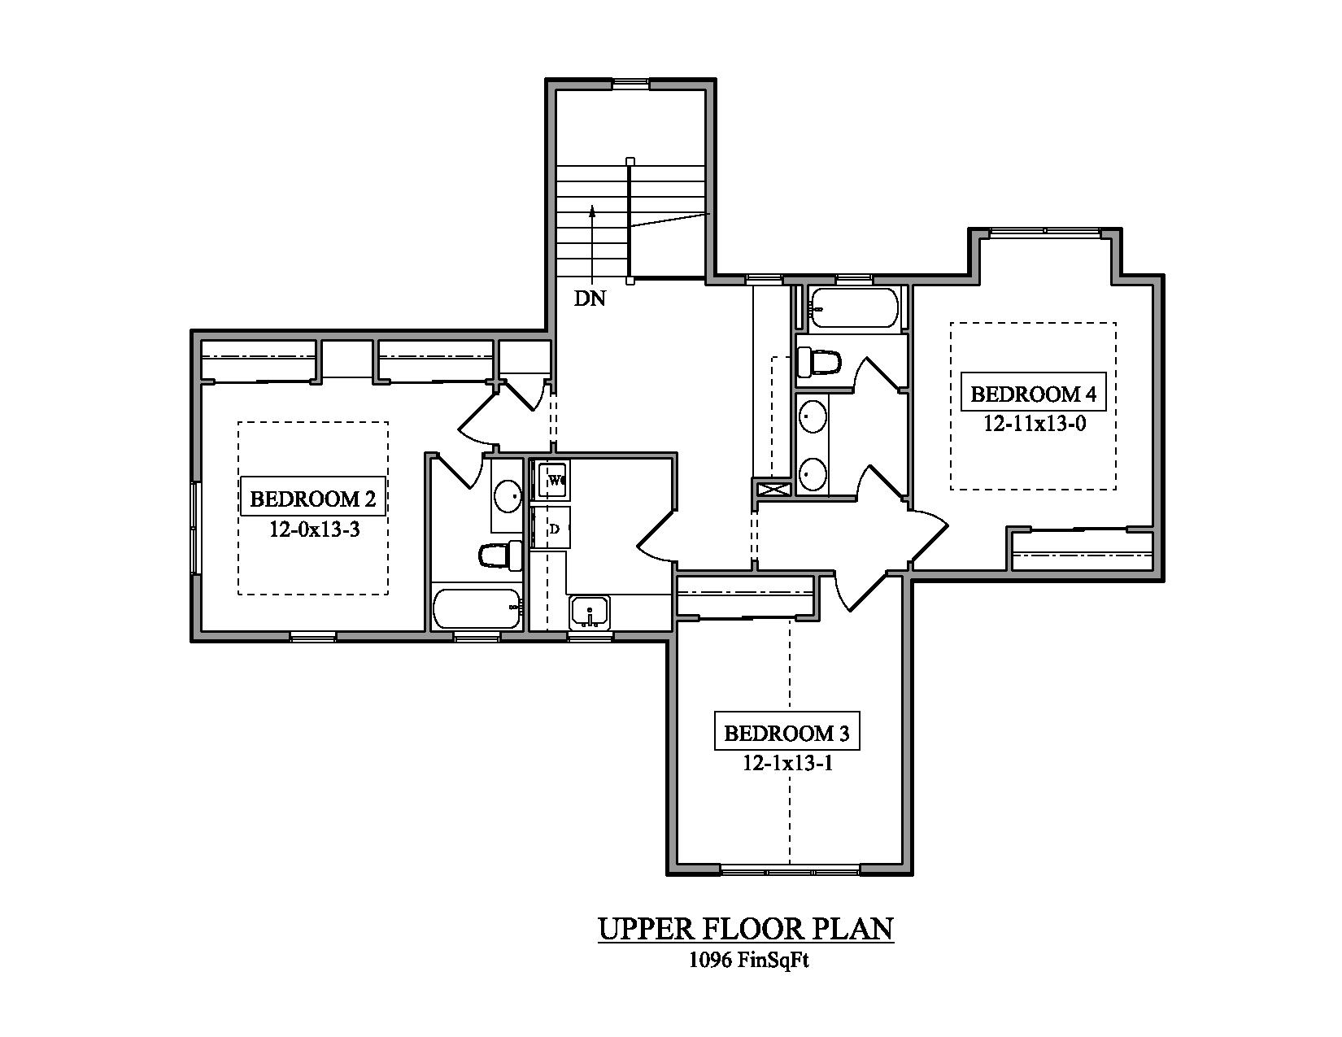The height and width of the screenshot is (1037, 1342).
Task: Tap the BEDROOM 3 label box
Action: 786,734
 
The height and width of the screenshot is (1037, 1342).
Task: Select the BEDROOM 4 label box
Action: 1034,394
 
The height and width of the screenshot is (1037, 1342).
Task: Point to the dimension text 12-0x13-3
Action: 315,529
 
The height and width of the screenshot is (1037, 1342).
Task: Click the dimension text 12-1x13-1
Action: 786,764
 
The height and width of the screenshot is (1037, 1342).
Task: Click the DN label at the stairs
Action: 590,298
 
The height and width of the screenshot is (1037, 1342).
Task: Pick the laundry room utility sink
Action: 590,612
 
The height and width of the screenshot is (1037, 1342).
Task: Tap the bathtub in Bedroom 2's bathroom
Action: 477,609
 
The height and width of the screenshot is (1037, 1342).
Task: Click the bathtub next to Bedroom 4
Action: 854,308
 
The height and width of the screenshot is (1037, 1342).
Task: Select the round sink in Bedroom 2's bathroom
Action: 508,495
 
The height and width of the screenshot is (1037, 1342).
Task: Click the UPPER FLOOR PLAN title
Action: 745,928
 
